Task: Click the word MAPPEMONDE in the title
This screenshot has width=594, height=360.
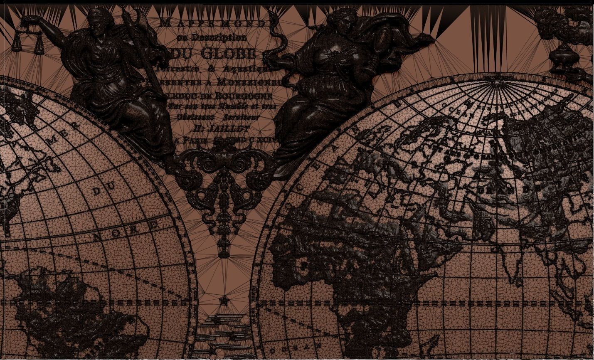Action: point(212,23)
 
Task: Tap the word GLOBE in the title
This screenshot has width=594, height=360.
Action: point(228,53)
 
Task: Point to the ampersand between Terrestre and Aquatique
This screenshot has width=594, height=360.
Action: point(211,69)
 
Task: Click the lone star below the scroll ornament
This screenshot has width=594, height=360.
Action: point(224,301)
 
